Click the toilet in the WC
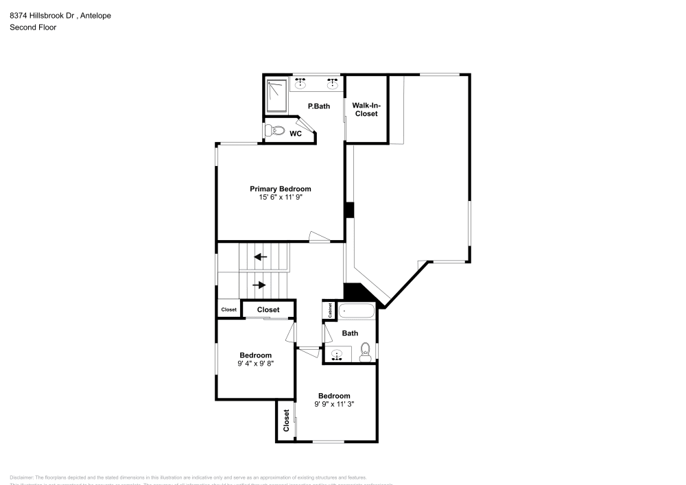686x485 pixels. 275,130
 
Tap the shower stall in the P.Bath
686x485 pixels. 276,95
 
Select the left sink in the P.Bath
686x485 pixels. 300,84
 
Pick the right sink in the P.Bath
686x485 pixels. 333,84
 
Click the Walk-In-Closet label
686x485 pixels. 366,109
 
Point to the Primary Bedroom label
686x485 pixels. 280,189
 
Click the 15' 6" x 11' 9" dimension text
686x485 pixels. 280,198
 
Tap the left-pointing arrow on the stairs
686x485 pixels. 260,257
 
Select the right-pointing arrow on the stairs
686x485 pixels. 259,285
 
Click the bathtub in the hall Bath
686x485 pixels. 357,311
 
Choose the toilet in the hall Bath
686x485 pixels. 366,350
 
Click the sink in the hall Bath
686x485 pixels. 337,355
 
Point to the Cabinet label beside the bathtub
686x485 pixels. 330,311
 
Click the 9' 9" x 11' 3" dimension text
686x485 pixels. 334,405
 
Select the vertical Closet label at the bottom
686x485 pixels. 286,421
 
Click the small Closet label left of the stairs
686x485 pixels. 228,309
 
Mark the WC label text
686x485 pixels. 295,134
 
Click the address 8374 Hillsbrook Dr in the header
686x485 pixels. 48,15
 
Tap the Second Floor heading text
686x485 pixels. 33,27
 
